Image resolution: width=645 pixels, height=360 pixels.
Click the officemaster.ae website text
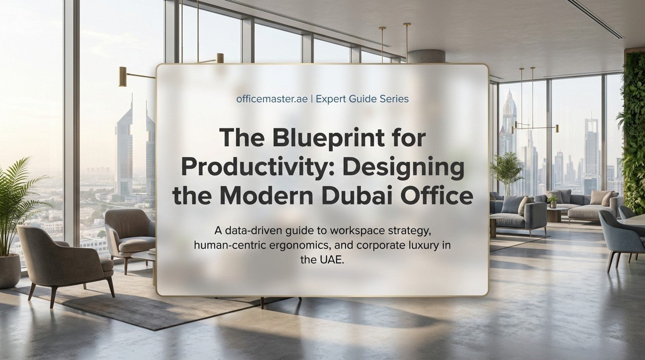272,99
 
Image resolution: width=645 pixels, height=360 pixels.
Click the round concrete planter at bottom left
9,271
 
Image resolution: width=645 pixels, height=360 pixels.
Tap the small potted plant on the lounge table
553,201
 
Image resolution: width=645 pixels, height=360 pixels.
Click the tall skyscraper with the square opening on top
591,153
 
